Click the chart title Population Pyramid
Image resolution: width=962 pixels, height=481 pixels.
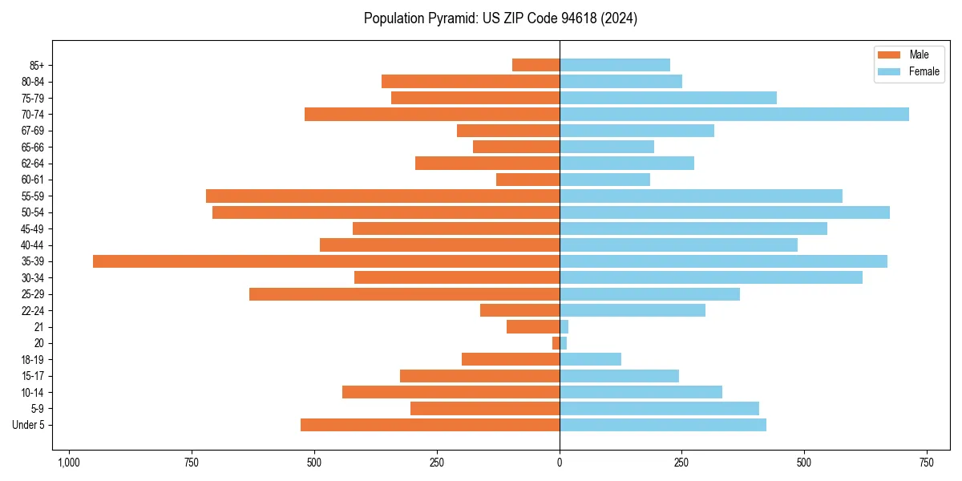pyautogui.click(x=500, y=18)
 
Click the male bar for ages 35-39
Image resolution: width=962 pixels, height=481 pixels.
pyautogui.click(x=326, y=261)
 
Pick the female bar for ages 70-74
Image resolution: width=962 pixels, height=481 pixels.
pyautogui.click(x=734, y=114)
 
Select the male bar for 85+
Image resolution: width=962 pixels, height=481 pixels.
pyautogui.click(x=536, y=65)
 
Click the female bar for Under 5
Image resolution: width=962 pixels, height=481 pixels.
pyautogui.click(x=663, y=425)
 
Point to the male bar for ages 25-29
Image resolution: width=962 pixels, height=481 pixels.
pyautogui.click(x=404, y=294)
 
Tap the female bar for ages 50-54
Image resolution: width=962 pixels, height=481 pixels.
pyautogui.click(x=725, y=212)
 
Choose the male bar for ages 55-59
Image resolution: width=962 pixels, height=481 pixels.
pyautogui.click(x=382, y=196)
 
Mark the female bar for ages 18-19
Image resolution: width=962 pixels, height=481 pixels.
pyautogui.click(x=590, y=359)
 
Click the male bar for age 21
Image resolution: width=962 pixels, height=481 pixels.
pyautogui.click(x=533, y=326)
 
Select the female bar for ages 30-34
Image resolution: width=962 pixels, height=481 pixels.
pyautogui.click(x=711, y=277)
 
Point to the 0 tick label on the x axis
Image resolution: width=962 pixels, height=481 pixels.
pyautogui.click(x=560, y=463)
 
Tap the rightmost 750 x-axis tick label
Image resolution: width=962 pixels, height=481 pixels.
pyautogui.click(x=927, y=463)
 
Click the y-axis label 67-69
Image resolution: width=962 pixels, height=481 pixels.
pyautogui.click(x=33, y=131)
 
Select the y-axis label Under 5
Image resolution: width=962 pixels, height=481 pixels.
pyautogui.click(x=28, y=425)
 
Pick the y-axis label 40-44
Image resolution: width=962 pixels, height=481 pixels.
pyautogui.click(x=33, y=245)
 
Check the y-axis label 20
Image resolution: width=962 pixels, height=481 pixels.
pyautogui.click(x=38, y=343)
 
